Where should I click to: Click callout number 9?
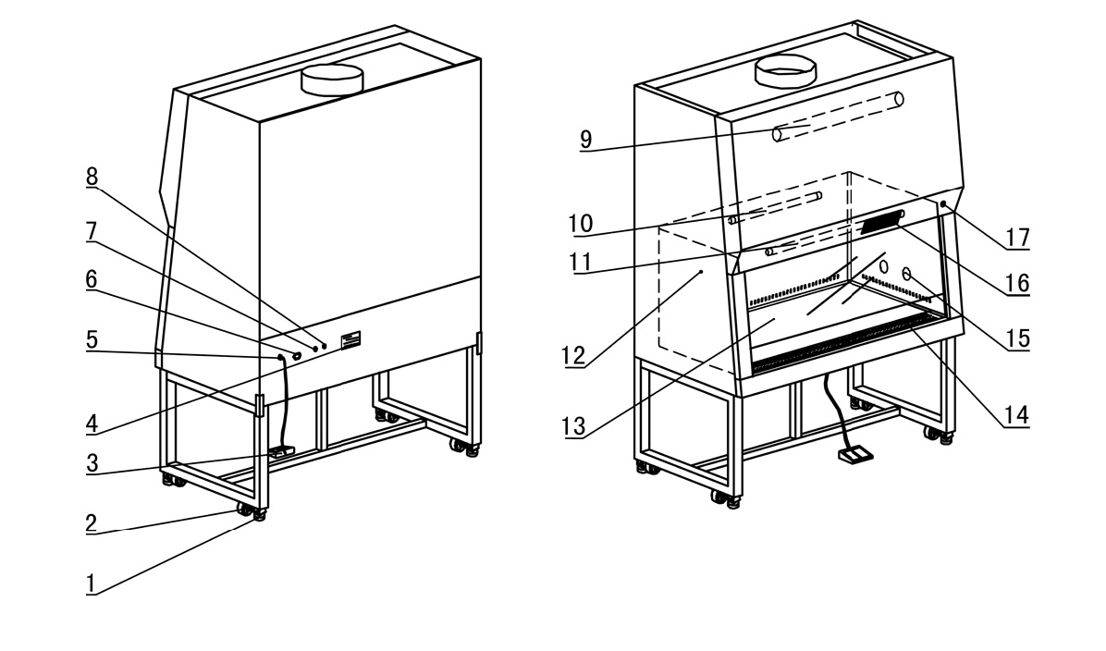585,140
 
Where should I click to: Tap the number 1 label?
92,583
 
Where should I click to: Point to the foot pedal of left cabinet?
281,452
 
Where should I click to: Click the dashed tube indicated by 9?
837,116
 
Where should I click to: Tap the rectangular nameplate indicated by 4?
349,340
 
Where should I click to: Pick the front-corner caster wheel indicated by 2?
245,509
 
